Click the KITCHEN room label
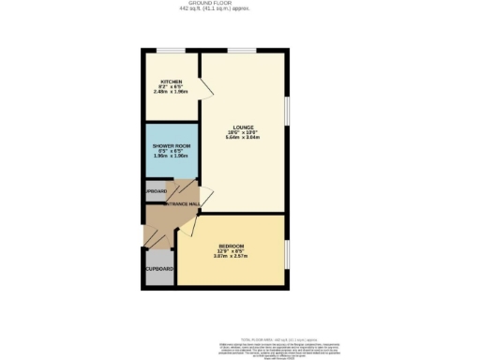point(170,82)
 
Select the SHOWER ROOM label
point(171,147)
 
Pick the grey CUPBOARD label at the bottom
point(158,269)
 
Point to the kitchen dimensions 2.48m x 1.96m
point(171,92)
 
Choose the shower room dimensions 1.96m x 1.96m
point(171,157)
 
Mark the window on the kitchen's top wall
point(170,51)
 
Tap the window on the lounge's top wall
point(242,51)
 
